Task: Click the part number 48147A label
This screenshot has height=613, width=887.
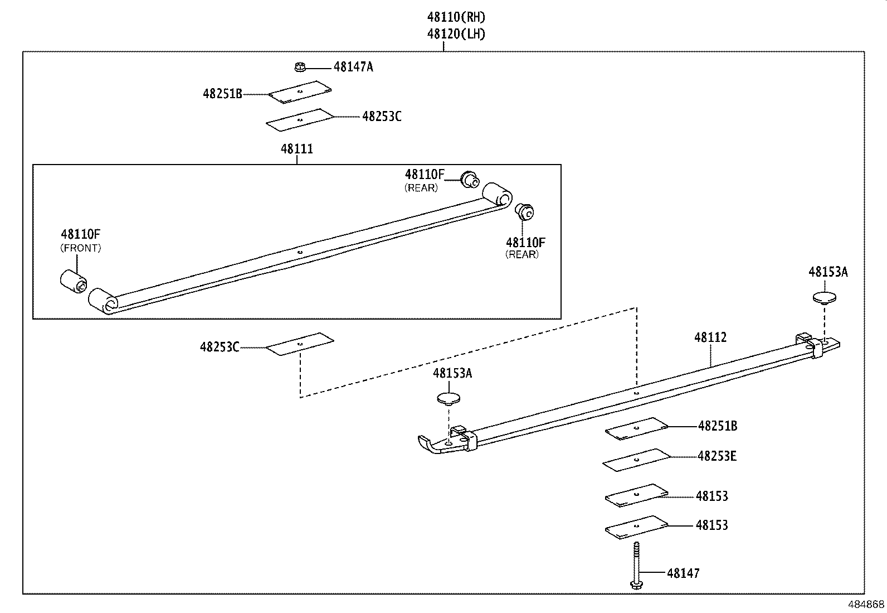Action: (353, 67)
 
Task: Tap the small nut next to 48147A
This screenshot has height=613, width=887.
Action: (300, 67)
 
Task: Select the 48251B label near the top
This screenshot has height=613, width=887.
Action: (222, 94)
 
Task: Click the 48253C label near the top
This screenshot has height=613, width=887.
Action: (382, 117)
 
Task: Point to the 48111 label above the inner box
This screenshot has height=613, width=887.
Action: (296, 149)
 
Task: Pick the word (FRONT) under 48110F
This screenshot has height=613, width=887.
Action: (81, 248)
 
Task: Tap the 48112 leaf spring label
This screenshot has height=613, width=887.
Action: (710, 337)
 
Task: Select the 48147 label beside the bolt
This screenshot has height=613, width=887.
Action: (683, 573)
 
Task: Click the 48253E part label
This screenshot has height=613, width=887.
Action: (717, 456)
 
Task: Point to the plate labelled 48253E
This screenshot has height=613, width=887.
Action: (636, 460)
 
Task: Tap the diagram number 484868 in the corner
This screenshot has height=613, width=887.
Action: (866, 605)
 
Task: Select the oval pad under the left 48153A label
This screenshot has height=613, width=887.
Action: (449, 398)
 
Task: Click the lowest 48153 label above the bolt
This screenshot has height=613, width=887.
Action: (711, 525)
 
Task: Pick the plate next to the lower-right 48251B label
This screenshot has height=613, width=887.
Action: (636, 428)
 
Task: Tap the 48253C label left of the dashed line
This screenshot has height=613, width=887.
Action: (220, 347)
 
